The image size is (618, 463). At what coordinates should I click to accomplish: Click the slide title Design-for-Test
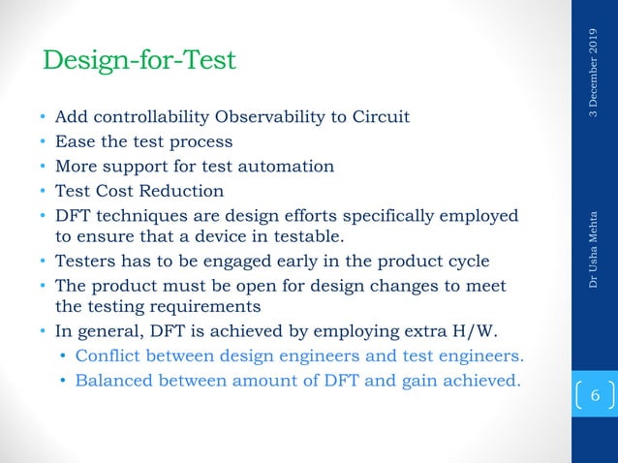pos(139,61)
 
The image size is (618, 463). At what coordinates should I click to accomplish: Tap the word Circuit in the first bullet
pos(379,117)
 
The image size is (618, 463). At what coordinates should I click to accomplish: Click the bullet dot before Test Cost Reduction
pos(43,191)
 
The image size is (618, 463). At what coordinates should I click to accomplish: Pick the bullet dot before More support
pos(43,166)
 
